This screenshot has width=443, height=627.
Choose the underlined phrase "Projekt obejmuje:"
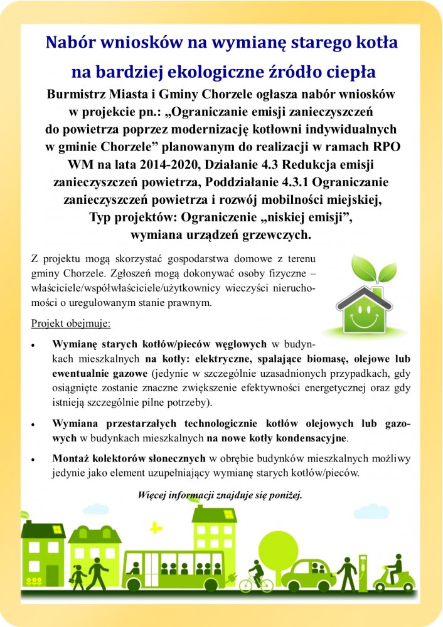click(70, 324)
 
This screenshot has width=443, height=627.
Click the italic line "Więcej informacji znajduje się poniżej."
click(220, 495)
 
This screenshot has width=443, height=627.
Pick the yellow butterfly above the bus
click(156, 527)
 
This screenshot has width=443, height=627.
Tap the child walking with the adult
click(78, 574)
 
